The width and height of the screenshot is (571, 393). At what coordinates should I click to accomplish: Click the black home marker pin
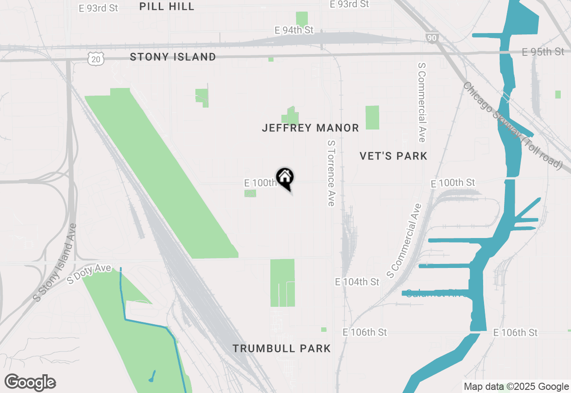285,178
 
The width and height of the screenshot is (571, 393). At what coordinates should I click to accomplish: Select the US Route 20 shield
96,59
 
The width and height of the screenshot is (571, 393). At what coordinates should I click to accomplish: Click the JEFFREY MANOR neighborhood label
310,128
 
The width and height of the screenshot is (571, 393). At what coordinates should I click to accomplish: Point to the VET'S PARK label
393,156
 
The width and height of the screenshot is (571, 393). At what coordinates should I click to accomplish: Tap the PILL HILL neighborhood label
166,6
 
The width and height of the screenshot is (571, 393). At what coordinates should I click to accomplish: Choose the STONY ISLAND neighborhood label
173,57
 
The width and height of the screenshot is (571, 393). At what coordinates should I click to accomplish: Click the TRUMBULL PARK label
281,348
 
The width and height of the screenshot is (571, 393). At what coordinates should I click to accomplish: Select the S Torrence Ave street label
331,173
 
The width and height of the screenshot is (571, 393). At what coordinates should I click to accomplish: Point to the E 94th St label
294,30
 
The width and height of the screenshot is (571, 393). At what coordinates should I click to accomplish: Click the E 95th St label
543,52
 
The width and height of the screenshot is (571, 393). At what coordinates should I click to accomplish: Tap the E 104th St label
357,282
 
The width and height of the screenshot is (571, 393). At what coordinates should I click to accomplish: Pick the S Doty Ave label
89,274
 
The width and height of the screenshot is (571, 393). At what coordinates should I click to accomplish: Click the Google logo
30,382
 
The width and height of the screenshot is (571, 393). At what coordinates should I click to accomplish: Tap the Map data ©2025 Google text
516,387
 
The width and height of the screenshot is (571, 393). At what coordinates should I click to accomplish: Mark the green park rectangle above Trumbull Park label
282,283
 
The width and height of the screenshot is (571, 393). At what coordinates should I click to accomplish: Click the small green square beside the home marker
250,193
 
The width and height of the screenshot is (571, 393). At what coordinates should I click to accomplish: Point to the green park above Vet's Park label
372,117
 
